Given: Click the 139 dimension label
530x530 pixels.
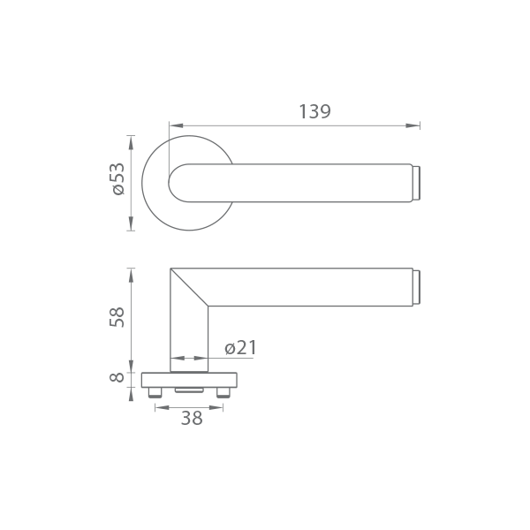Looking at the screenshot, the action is click(314, 111).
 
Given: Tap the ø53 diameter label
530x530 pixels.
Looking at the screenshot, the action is click(118, 179).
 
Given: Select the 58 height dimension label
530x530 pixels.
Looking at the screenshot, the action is click(117, 317).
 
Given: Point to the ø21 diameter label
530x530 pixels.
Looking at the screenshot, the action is click(240, 347).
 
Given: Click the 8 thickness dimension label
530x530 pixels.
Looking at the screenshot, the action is click(117, 377).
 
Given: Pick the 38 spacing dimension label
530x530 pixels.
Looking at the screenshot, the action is click(192, 418).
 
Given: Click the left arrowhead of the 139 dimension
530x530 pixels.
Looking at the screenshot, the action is click(176, 125).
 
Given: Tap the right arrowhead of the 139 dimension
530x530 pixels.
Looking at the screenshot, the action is click(413, 125).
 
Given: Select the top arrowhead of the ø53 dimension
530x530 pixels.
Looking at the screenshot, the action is click(131, 142).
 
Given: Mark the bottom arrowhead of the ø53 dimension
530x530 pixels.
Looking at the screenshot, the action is click(131, 223).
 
